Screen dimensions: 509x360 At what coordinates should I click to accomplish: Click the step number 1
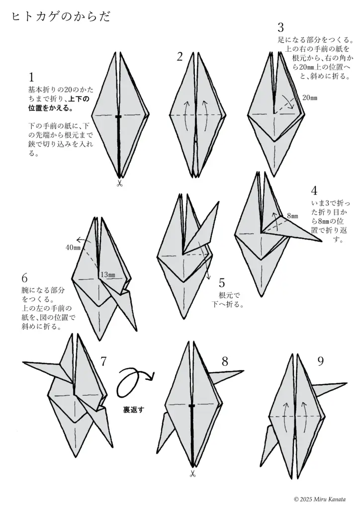[x=31, y=77]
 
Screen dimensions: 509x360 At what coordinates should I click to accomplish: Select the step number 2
[x=180, y=57]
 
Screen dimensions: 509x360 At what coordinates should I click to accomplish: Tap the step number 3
[x=281, y=27]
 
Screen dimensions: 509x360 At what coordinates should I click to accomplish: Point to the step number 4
[x=314, y=191]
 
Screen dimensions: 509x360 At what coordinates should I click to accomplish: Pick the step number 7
[x=103, y=361]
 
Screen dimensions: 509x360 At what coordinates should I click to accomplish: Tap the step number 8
[x=225, y=361]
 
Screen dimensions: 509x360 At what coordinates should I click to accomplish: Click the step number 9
[x=320, y=361]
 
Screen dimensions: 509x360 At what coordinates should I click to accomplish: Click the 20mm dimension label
[x=309, y=98]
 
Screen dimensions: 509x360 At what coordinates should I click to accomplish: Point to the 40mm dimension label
[x=73, y=247]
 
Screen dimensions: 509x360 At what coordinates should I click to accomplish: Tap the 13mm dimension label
[x=107, y=275]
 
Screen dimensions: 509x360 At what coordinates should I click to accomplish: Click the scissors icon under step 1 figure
[x=119, y=184]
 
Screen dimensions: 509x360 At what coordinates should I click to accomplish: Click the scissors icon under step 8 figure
[x=192, y=474]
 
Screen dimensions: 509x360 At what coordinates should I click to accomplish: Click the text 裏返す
[x=133, y=410]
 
